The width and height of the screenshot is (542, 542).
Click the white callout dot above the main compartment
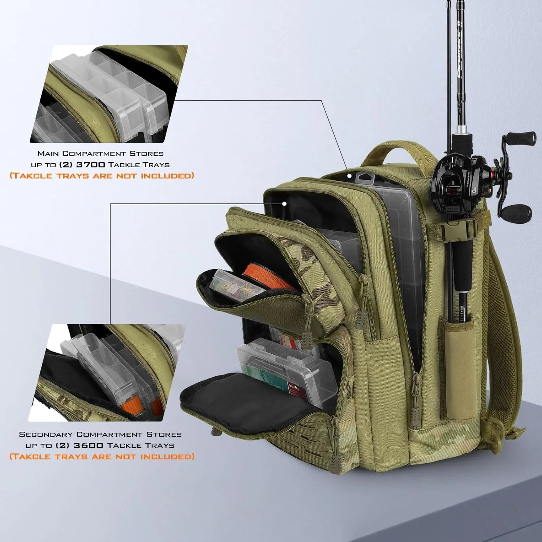[x=349, y=176]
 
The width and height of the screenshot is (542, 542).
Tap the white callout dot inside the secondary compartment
[x=284, y=204]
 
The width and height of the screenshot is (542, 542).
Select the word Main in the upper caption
[x=48, y=154]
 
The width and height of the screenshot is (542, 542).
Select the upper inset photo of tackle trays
[x=108, y=94]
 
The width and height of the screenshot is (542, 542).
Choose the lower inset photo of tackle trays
[x=108, y=372]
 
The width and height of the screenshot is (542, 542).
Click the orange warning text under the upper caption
[x=102, y=176]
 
